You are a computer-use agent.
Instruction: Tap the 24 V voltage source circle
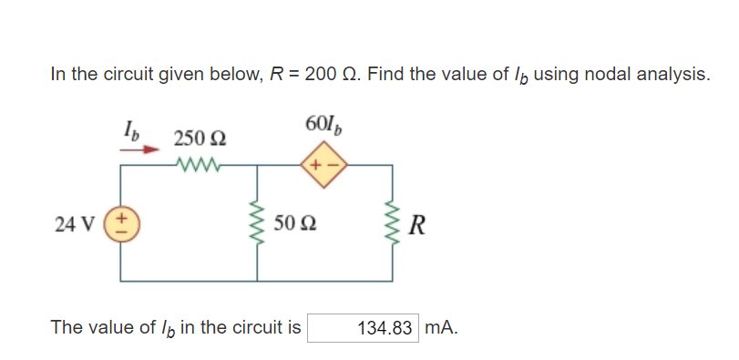click(x=121, y=223)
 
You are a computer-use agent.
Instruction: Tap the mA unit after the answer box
click(x=441, y=327)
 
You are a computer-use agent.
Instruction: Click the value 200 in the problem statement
click(x=322, y=75)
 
